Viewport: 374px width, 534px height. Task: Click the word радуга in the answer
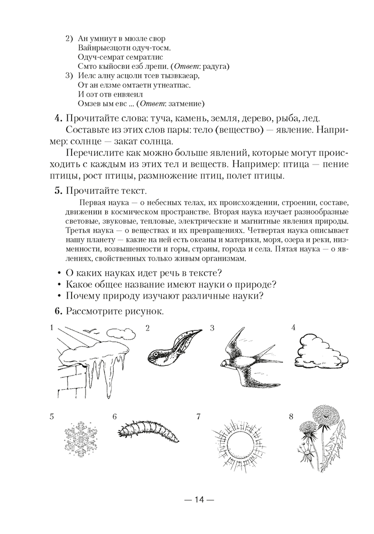point(215,67)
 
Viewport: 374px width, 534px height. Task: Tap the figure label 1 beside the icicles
point(51,327)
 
